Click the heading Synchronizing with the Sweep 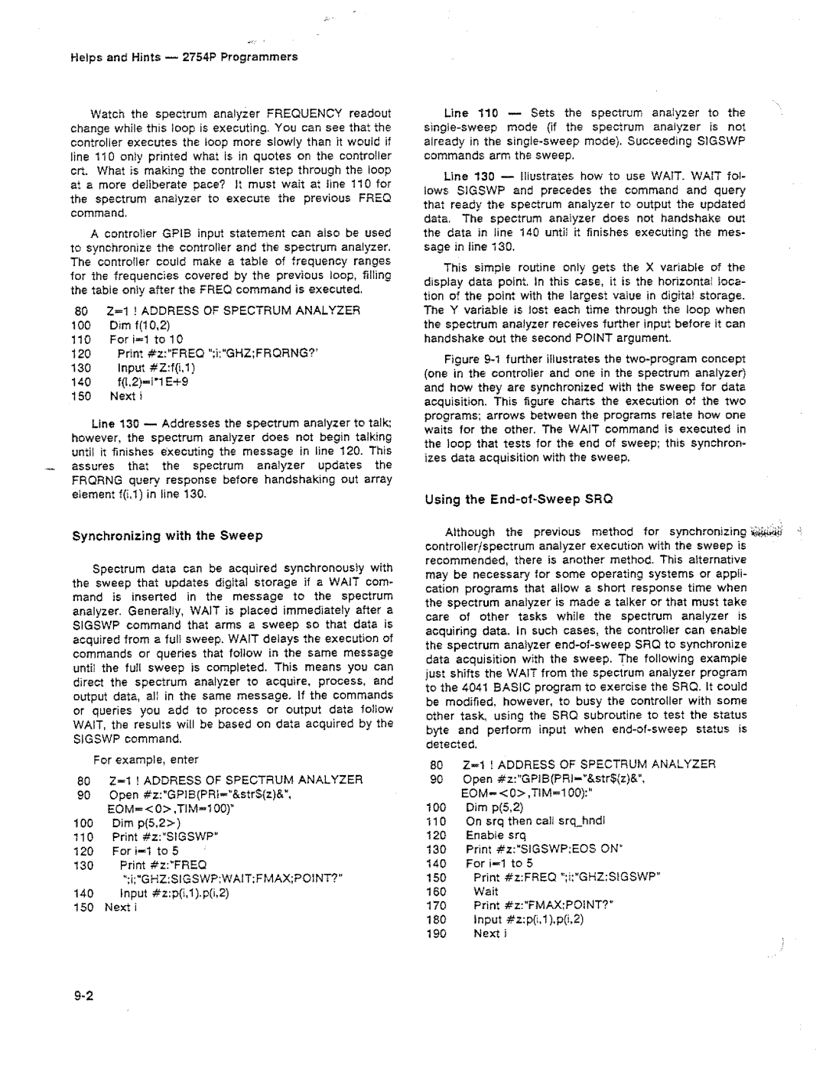[x=167, y=535]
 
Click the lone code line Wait [x=486, y=891]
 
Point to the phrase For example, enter [x=146, y=760]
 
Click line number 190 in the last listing [x=437, y=933]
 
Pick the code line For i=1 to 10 [x=146, y=339]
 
